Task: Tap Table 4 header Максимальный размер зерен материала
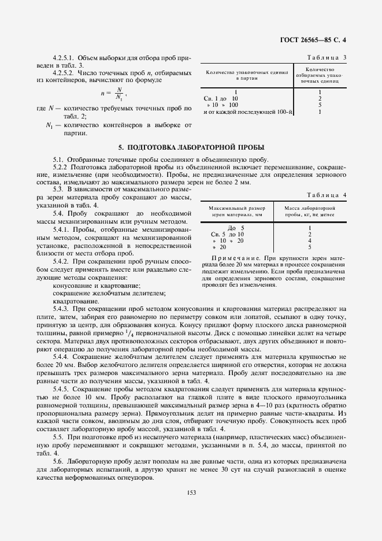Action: click(x=236, y=211)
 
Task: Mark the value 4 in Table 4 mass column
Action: click(x=310, y=240)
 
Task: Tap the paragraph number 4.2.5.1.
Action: click(x=64, y=59)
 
